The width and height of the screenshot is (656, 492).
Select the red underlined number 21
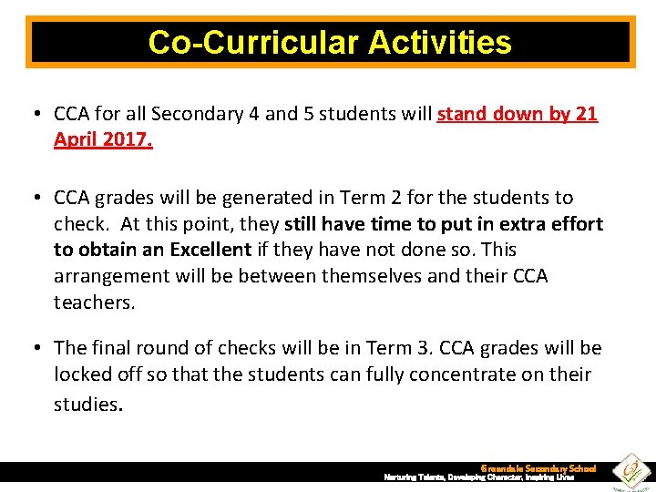[586, 115]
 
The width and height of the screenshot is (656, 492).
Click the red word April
[77, 140]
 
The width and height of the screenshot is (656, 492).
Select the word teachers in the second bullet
[93, 302]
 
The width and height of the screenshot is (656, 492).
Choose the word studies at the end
[87, 403]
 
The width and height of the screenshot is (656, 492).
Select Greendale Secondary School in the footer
[538, 467]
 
